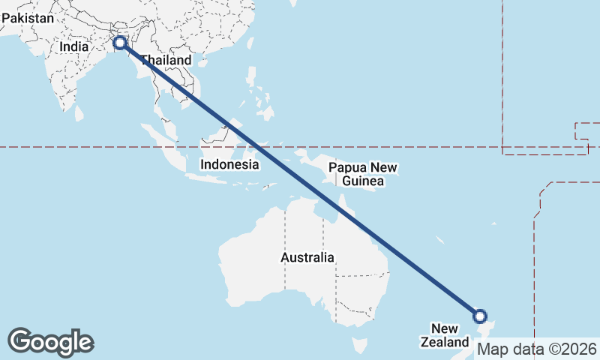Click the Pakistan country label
coord(27,18)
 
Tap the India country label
coord(74,46)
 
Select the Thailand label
coord(166,60)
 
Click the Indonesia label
coord(229,164)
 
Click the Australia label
coord(307,257)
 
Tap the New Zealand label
coord(450,335)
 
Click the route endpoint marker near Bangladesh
coord(118,42)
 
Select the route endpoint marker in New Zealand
coord(480,316)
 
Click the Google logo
coord(51,342)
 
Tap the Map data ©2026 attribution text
coord(537,349)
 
